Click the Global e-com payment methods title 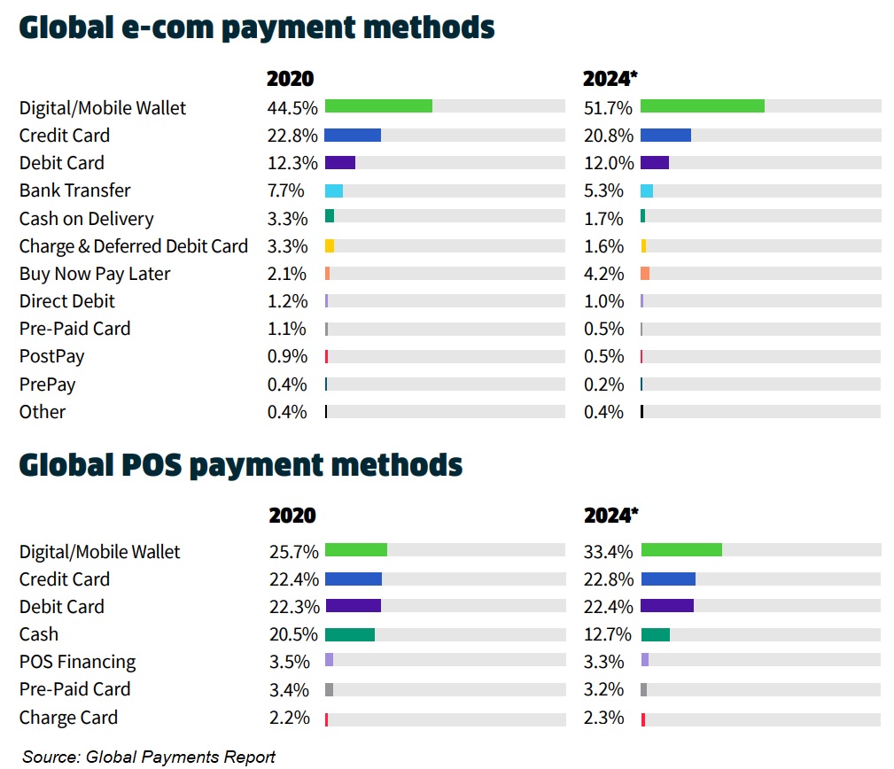click(257, 27)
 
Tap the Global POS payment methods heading click(241, 464)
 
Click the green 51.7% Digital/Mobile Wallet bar click(702, 106)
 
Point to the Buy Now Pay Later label click(95, 274)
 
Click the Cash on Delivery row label click(87, 219)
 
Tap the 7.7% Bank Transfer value click(285, 190)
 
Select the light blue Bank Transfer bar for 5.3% click(647, 190)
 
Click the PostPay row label click(52, 357)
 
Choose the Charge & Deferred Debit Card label click(134, 246)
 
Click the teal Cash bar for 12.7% click(655, 634)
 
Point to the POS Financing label click(78, 662)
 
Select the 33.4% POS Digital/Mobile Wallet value click(608, 552)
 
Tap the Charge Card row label click(68, 718)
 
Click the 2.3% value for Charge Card click(603, 718)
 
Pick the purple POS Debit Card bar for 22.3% click(353, 606)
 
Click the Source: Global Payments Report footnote click(149, 757)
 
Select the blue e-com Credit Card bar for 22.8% click(353, 135)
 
